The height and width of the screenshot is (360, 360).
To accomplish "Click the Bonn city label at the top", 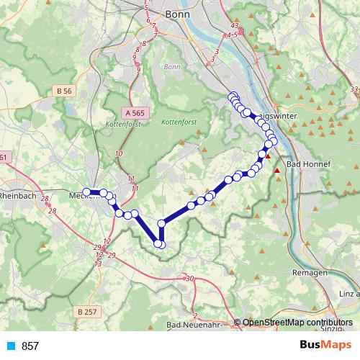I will (x=176, y=13).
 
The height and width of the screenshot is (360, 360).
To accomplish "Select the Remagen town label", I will (x=311, y=273).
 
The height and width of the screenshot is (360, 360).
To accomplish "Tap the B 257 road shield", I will (x=86, y=310).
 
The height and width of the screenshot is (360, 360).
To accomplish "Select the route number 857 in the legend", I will (x=30, y=346).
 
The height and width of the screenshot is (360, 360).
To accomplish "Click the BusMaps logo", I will (x=325, y=346).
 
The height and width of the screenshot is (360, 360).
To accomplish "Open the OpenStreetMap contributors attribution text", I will (x=297, y=323).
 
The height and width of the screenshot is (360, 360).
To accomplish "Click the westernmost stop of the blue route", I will (x=86, y=192).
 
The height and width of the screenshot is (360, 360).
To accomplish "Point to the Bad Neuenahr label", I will (x=193, y=325).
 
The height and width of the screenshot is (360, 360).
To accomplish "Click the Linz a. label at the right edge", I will (x=348, y=294).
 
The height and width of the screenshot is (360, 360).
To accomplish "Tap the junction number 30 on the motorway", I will (x=189, y=279).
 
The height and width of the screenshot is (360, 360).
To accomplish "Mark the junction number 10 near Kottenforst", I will (x=119, y=154).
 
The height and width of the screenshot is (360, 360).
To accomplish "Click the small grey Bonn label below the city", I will (x=171, y=67).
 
